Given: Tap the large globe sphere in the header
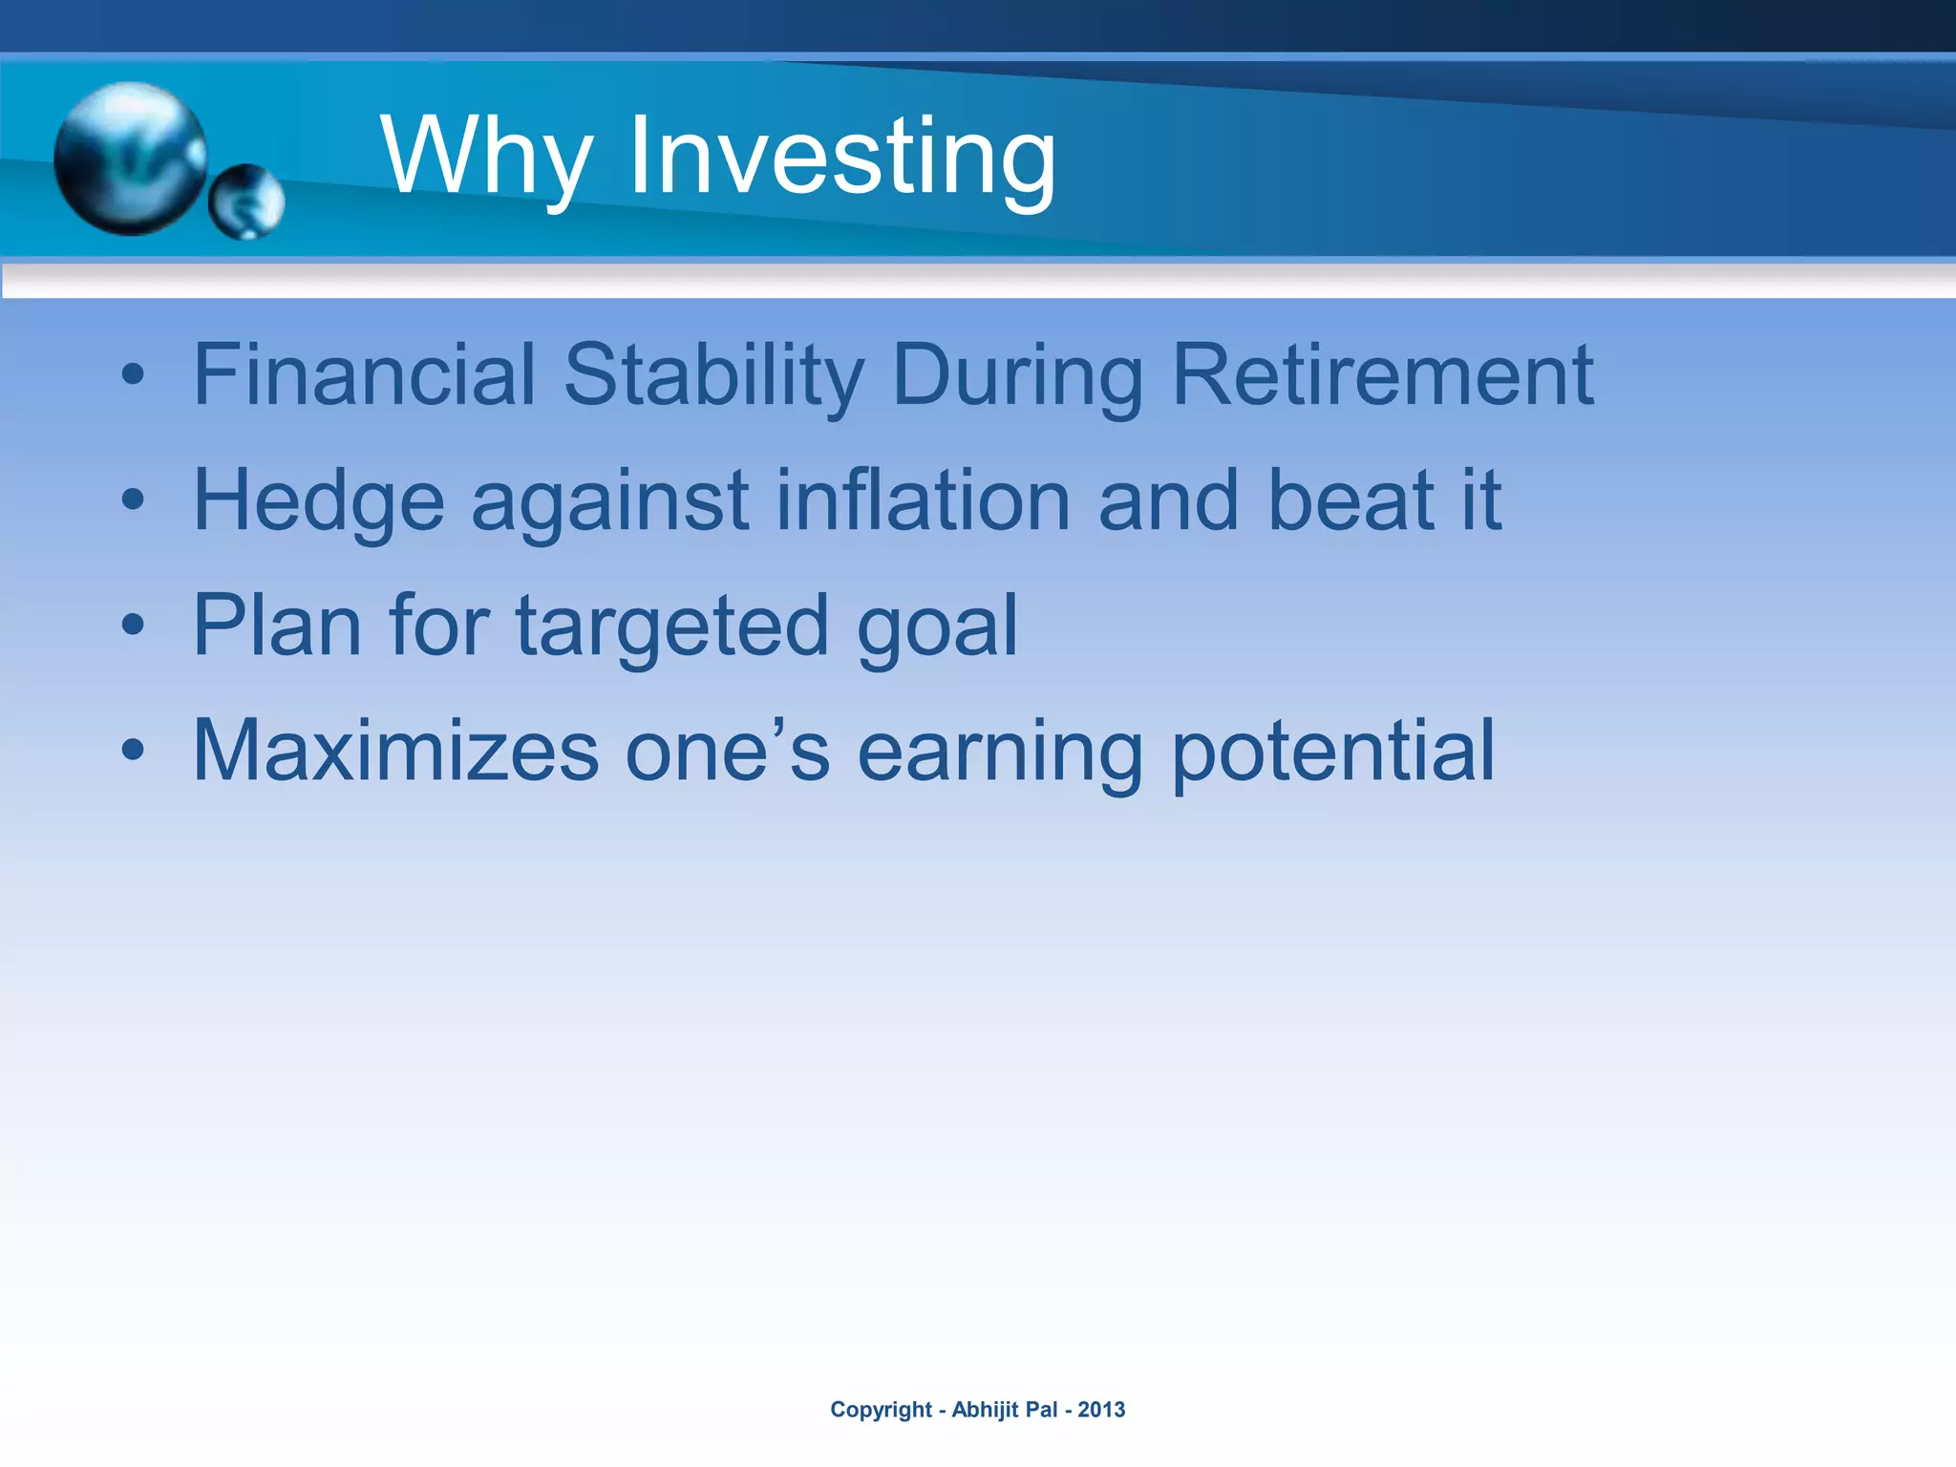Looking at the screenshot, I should tap(131, 158).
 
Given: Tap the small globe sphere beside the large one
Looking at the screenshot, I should tap(246, 202).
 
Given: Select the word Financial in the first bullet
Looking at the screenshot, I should tap(364, 374).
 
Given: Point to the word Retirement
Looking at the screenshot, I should tap(1382, 374).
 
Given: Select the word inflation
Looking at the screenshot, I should tap(923, 500).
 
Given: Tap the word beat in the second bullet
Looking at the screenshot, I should tap(1350, 500).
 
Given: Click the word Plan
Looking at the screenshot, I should tap(277, 626).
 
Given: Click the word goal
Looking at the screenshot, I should tap(937, 626).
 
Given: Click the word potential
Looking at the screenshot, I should tap(1332, 752).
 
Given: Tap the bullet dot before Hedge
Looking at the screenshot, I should tap(133, 500).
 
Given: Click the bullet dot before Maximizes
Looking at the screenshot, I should tap(133, 751).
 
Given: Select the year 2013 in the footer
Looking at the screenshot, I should tap(1101, 1410).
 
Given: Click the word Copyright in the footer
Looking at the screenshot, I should tap(881, 1410).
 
